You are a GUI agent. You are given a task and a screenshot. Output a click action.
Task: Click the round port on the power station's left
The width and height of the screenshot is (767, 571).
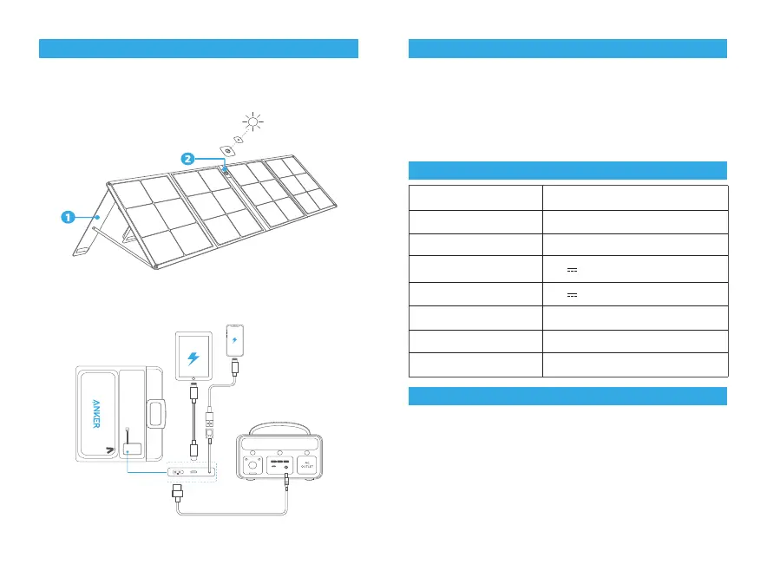click(253, 467)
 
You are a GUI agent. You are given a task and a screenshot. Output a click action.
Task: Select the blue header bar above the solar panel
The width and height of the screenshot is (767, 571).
click(199, 49)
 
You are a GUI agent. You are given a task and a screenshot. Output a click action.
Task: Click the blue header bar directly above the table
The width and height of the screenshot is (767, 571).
click(567, 170)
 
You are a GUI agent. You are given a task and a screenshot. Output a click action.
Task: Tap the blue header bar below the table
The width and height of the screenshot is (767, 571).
click(567, 396)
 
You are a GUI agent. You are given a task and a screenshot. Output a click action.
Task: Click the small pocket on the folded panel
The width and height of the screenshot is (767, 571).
click(134, 450)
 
